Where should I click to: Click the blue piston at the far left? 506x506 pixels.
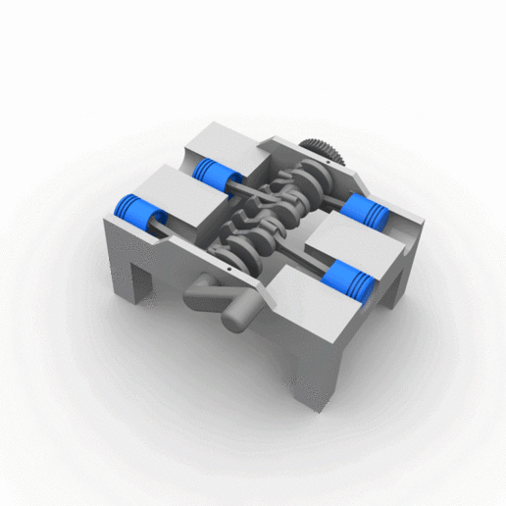(136, 210)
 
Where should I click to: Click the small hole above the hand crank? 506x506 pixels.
(227, 263)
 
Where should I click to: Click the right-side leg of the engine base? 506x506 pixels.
(397, 289)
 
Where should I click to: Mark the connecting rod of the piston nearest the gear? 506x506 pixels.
(329, 200)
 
